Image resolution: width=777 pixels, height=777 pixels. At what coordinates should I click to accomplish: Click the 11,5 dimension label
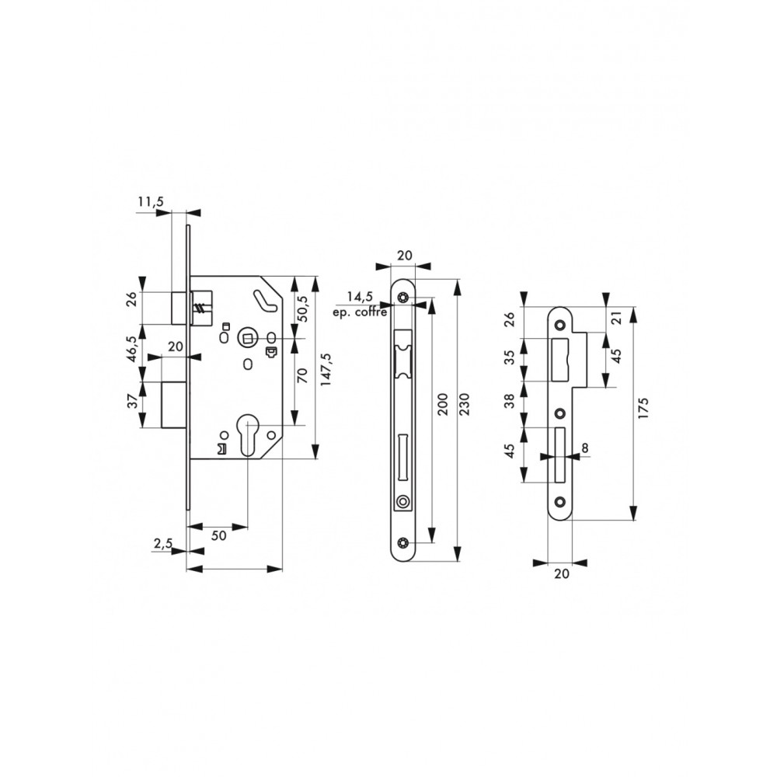pos(150,201)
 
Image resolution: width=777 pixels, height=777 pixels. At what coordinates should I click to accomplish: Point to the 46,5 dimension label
pos(132,349)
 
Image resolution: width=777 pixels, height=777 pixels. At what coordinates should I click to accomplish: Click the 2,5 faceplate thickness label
pos(162,544)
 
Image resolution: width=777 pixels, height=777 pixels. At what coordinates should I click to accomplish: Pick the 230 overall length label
pos(465,404)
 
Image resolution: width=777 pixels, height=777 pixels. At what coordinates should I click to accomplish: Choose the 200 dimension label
pos(443,404)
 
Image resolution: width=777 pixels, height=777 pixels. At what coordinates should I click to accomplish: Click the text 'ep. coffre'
pos(361,312)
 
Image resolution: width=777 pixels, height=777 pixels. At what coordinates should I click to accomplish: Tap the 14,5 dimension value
pos(359,298)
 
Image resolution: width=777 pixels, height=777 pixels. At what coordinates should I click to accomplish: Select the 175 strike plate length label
pos(643,408)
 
